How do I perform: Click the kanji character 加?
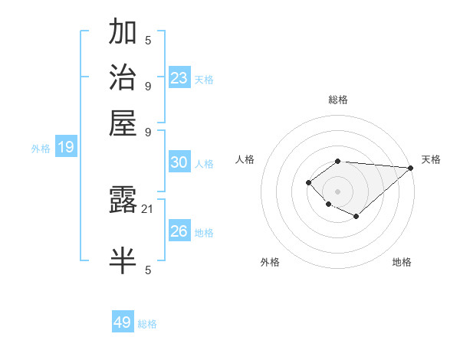click(x=123, y=33)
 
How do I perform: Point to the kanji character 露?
click(x=123, y=201)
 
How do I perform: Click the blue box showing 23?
click(x=179, y=77)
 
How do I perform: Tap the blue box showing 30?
click(x=179, y=162)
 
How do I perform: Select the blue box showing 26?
click(x=179, y=231)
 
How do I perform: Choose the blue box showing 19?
click(x=65, y=147)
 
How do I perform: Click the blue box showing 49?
click(x=122, y=322)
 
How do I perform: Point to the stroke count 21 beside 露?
click(x=148, y=208)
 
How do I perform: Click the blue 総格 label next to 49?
click(x=147, y=324)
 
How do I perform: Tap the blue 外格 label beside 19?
click(x=41, y=149)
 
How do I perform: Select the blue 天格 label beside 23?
click(x=204, y=79)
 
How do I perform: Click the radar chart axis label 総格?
click(x=337, y=100)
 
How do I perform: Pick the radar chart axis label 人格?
click(x=245, y=159)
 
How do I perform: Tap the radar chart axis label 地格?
click(x=402, y=262)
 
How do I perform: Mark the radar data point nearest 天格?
click(x=411, y=168)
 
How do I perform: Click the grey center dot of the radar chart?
click(x=337, y=191)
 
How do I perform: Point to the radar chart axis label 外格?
click(x=270, y=262)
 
